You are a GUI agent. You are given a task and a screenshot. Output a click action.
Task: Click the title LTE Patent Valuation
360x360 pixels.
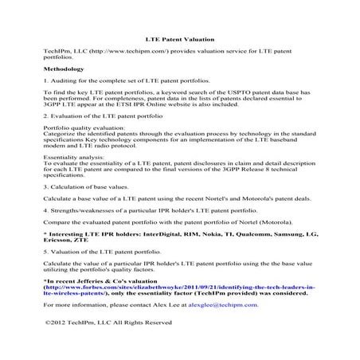pos(179,37)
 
